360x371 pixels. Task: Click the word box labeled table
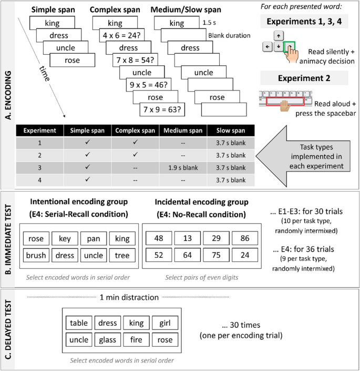tap(78, 323)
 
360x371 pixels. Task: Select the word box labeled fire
tap(136, 340)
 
